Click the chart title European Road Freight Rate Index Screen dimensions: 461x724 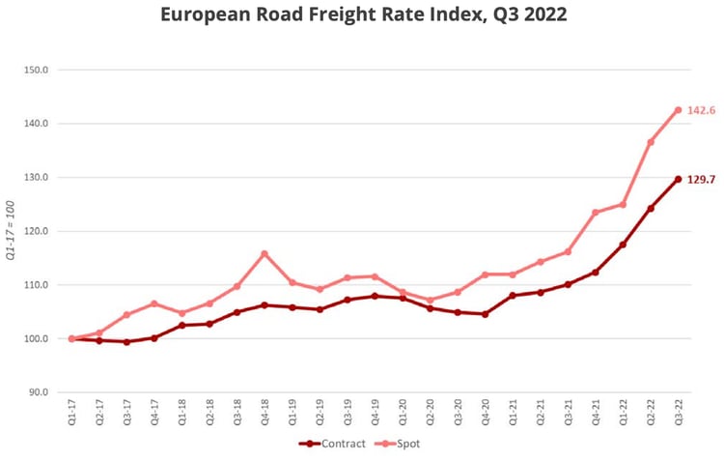point(363,15)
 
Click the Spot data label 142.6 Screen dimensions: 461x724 point(701,110)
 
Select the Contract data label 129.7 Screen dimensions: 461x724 point(701,180)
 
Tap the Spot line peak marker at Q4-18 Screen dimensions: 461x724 point(265,254)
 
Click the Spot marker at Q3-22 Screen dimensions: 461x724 point(678,110)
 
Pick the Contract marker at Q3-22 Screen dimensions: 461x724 point(678,179)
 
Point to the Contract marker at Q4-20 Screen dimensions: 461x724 point(485,314)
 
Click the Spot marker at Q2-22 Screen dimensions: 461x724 point(651,142)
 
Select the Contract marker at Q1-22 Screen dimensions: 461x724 point(623,245)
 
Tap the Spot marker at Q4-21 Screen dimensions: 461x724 point(595,213)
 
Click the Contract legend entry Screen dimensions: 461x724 point(332,444)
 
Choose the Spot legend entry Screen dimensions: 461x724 point(400,444)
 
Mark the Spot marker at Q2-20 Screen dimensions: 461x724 point(430,300)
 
